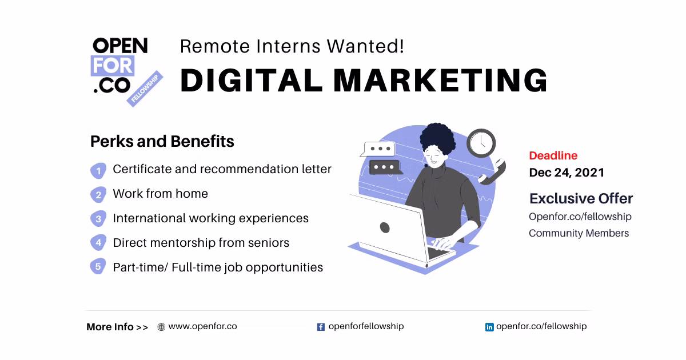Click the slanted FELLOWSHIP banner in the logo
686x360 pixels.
tap(145, 89)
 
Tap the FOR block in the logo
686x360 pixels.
tap(113, 66)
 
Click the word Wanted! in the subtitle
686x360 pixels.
tap(365, 46)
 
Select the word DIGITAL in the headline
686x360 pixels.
tap(251, 80)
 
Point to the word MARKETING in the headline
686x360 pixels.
tap(440, 80)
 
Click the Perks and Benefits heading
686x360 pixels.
tap(162, 142)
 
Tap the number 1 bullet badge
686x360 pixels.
tap(98, 170)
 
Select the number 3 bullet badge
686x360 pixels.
tap(98, 218)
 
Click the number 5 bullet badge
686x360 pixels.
tap(98, 266)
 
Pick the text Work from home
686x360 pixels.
tap(160, 194)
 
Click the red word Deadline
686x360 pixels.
tap(553, 155)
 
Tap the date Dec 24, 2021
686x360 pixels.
tap(567, 173)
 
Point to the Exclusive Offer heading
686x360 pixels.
tap(581, 198)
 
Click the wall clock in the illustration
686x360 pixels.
tap(481, 143)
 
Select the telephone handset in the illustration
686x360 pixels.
tap(492, 171)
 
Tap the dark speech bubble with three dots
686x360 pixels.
tap(385, 167)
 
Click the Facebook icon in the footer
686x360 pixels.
tap(321, 327)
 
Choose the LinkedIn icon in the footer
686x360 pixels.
tap(489, 327)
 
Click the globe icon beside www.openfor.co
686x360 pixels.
tap(161, 327)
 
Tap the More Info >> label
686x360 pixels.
tap(117, 327)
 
